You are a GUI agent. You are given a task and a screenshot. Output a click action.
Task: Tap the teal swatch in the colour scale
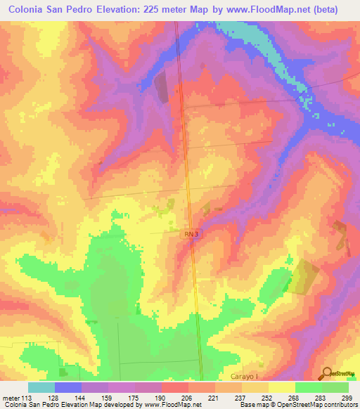pyautogui.click(x=41, y=387)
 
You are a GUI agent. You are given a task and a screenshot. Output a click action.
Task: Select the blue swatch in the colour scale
pyautogui.click(x=68, y=387)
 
